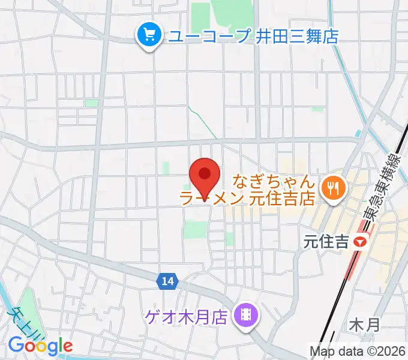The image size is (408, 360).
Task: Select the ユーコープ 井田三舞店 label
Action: tap(252, 37)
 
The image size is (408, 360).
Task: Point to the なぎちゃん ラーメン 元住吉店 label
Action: tap(248, 190)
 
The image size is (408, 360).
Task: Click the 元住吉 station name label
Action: tap(326, 242)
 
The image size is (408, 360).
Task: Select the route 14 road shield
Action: tap(167, 280)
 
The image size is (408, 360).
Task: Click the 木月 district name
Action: tap(364, 326)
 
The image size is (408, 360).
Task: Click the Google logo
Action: tap(40, 345)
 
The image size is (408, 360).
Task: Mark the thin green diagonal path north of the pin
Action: tap(203, 122)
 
